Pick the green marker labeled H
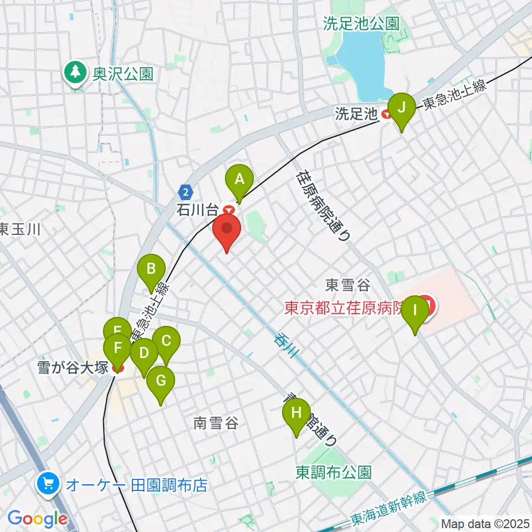(x=296, y=413)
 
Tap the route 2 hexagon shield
(x=185, y=192)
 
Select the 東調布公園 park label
(x=333, y=472)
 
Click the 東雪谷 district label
(x=347, y=285)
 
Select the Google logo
(x=37, y=519)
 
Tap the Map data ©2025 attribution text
(x=484, y=523)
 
